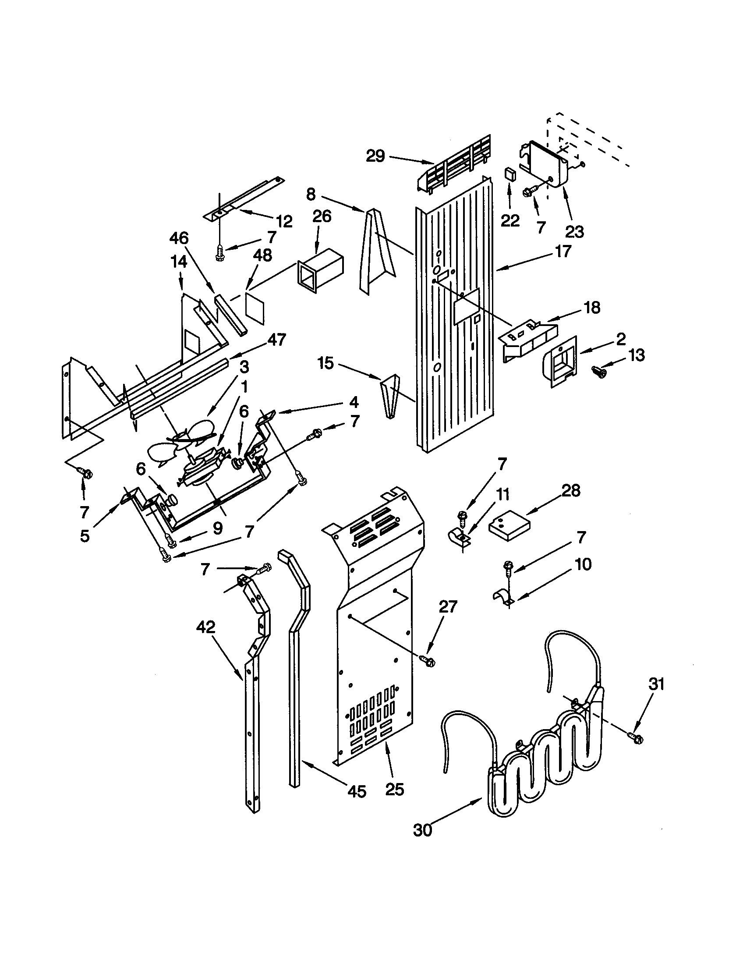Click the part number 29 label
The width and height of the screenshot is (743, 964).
pos(375,156)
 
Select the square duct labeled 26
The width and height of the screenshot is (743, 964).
pos(320,269)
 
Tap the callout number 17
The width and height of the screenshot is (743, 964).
pos(563,251)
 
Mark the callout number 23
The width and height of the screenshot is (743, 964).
pos(574,231)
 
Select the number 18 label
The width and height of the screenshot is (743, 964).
pos(592,307)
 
